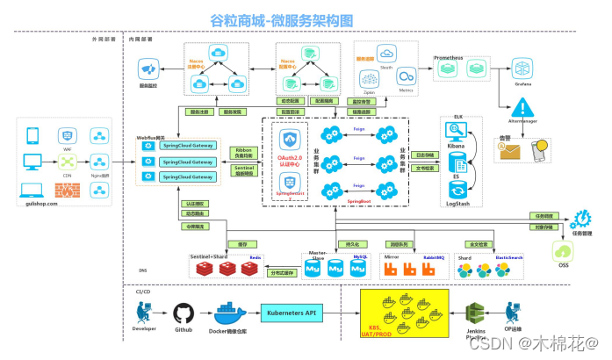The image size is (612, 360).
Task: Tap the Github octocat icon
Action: tap(183, 313)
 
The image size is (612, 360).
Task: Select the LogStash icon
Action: tap(457, 190)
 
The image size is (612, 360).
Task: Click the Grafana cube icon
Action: tap(523, 68)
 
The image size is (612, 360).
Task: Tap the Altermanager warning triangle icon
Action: tap(524, 108)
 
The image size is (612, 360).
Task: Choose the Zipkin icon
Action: tap(369, 79)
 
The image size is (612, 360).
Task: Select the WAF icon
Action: tap(66, 136)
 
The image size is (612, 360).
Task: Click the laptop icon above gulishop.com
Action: tap(32, 189)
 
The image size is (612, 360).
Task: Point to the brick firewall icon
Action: tap(66, 188)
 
